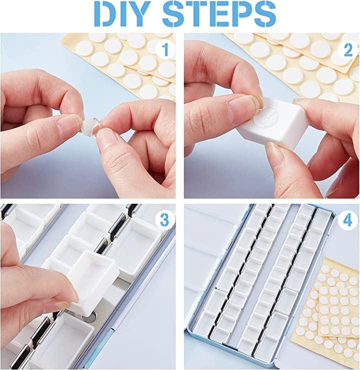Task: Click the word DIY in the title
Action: [122, 14]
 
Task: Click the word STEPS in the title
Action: [219, 14]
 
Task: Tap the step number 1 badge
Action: [165, 49]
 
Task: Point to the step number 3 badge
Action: [165, 220]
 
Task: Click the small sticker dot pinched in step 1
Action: [90, 126]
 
